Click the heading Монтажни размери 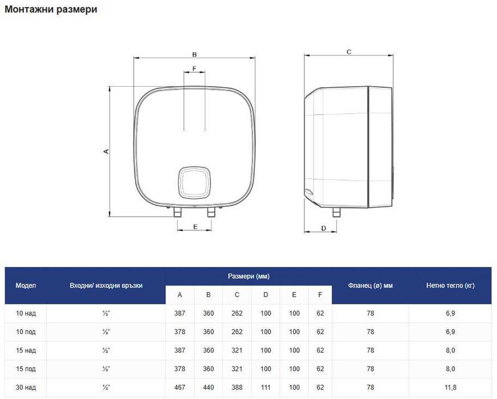click(x=51, y=10)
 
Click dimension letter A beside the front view click(x=107, y=152)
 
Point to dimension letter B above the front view click(x=194, y=55)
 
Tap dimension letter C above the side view click(x=349, y=52)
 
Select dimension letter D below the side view click(x=324, y=228)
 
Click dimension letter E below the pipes click(x=195, y=227)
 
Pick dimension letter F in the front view click(x=194, y=68)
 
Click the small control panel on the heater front click(x=194, y=182)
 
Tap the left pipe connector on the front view click(x=177, y=212)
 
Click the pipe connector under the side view click(x=336, y=212)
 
